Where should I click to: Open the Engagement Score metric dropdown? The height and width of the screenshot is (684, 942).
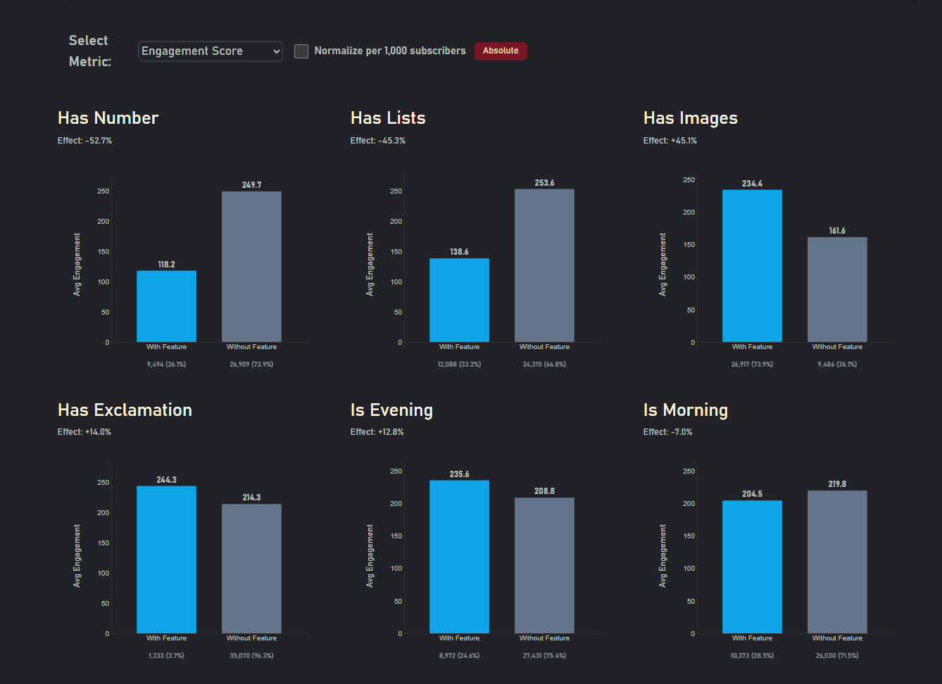pyautogui.click(x=210, y=51)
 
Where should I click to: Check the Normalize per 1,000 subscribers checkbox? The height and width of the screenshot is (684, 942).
pyautogui.click(x=301, y=51)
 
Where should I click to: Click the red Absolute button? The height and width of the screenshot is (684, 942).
pyautogui.click(x=501, y=51)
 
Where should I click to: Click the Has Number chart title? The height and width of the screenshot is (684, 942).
pyautogui.click(x=108, y=118)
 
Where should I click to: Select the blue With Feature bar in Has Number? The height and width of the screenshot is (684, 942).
pyautogui.click(x=166, y=306)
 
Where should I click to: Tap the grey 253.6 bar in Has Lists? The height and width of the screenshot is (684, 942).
pyautogui.click(x=544, y=266)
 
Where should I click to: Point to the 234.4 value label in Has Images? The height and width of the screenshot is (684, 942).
pyautogui.click(x=752, y=184)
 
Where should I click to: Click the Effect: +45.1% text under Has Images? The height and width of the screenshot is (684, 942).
pyautogui.click(x=670, y=141)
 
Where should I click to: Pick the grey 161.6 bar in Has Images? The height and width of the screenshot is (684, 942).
pyautogui.click(x=837, y=289)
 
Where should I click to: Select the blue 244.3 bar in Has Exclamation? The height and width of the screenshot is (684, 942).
pyautogui.click(x=166, y=559)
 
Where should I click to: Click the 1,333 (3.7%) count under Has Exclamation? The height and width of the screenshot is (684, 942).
pyautogui.click(x=166, y=656)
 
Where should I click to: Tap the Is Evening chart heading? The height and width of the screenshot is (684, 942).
pyautogui.click(x=391, y=410)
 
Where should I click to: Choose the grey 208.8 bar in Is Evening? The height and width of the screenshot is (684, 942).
pyautogui.click(x=544, y=565)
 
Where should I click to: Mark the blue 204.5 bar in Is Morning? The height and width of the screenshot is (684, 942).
pyautogui.click(x=752, y=566)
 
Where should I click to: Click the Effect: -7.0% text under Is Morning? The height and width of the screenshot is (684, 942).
pyautogui.click(x=667, y=432)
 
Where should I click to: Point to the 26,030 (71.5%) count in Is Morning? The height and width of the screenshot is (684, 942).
pyautogui.click(x=837, y=656)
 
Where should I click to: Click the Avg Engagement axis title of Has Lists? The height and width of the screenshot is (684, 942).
pyautogui.click(x=370, y=265)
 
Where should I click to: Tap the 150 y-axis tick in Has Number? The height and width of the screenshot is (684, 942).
pyautogui.click(x=103, y=252)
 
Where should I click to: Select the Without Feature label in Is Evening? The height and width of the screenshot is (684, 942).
pyautogui.click(x=544, y=638)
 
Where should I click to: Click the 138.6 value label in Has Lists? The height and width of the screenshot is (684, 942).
pyautogui.click(x=459, y=252)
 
